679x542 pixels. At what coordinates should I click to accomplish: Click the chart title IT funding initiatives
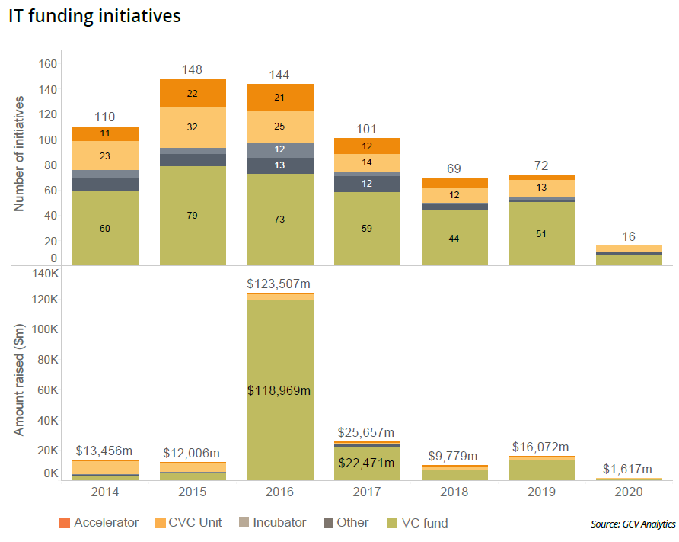pyautogui.click(x=94, y=17)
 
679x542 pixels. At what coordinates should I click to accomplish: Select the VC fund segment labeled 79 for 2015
pyautogui.click(x=192, y=216)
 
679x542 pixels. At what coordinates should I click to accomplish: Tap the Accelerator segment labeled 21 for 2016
pyautogui.click(x=279, y=97)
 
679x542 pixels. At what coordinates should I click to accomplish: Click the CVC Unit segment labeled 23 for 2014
pyautogui.click(x=105, y=156)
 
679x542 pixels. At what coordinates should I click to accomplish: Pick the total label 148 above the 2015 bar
pyautogui.click(x=192, y=70)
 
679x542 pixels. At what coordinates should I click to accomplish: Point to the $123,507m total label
pyautogui.click(x=279, y=284)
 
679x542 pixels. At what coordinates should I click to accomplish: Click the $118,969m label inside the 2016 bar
pyautogui.click(x=279, y=390)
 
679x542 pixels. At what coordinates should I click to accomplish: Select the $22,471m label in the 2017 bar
pyautogui.click(x=367, y=463)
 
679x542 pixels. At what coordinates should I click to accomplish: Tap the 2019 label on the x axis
pyautogui.click(x=542, y=493)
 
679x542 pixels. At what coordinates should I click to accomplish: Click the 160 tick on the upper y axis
pyautogui.click(x=48, y=64)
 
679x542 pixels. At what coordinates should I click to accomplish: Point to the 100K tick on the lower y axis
pyautogui.click(x=44, y=329)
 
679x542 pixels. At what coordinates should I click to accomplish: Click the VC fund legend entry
pyautogui.click(x=418, y=523)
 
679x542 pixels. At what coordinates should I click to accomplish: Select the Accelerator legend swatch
pyautogui.click(x=65, y=524)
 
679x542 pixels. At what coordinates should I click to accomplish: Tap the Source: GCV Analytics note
pyautogui.click(x=632, y=524)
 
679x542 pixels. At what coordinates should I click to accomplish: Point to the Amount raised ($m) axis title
pyautogui.click(x=20, y=380)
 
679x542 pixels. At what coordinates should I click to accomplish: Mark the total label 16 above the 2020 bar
pyautogui.click(x=630, y=236)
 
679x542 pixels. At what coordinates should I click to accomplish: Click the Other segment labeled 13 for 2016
pyautogui.click(x=279, y=165)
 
